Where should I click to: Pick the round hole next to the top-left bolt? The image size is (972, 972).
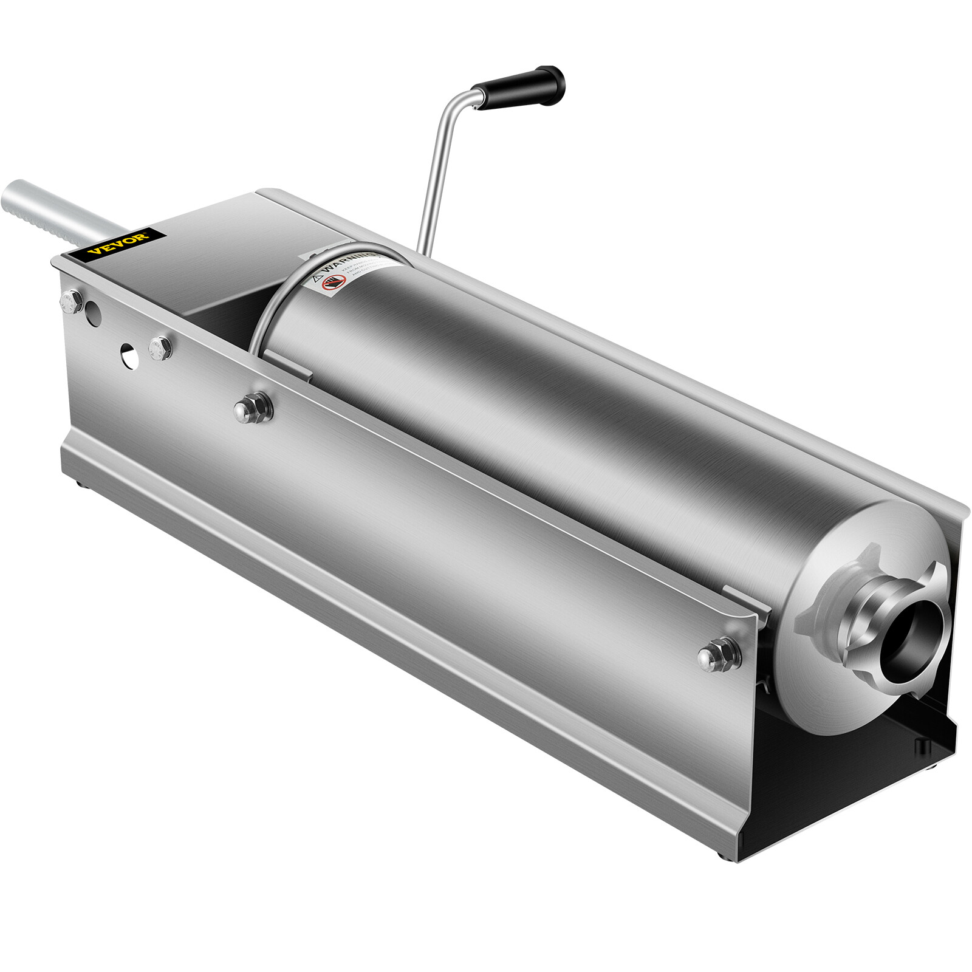pyautogui.click(x=94, y=313)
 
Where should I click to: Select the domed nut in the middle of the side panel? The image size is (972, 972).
pyautogui.click(x=253, y=408)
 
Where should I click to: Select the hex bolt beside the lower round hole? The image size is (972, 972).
pyautogui.click(x=160, y=348)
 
